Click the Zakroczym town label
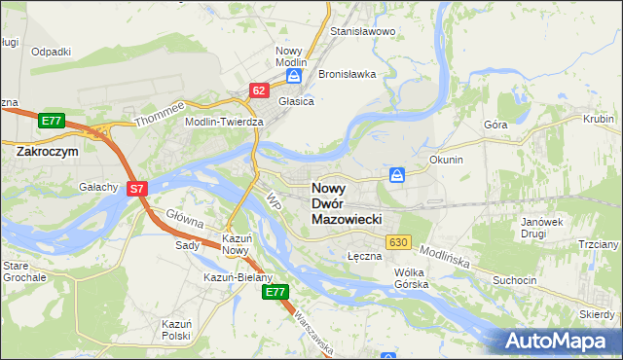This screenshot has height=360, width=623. [48, 152]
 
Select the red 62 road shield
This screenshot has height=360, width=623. [258, 90]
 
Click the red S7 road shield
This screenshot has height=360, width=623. [138, 189]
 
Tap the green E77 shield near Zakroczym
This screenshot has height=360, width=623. [52, 121]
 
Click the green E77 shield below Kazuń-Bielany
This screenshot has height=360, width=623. [276, 292]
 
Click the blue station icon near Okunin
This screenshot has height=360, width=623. [397, 175]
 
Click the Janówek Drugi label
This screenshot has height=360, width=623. [542, 228]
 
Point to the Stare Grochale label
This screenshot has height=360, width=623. [23, 271]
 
